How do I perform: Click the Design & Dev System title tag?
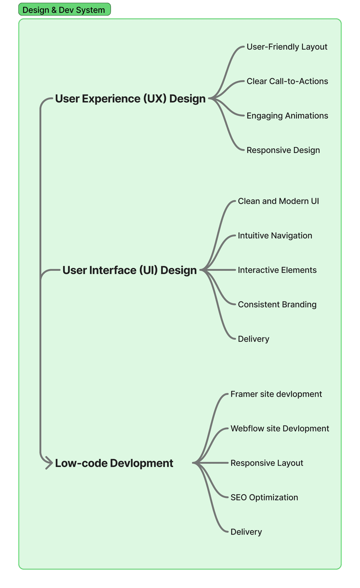(x=64, y=10)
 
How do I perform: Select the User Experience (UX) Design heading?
(x=130, y=98)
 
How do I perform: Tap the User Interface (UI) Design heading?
(x=129, y=270)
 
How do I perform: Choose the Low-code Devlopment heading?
(x=114, y=463)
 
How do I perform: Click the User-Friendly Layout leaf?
(x=287, y=47)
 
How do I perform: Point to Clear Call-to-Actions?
(x=287, y=81)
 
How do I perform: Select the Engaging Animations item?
(x=287, y=116)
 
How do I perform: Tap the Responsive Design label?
(x=283, y=150)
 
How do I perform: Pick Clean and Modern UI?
(x=278, y=201)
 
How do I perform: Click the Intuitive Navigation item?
(x=275, y=235)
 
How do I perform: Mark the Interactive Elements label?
(x=277, y=270)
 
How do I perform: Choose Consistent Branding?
(x=277, y=304)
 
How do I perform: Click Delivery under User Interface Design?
(x=253, y=339)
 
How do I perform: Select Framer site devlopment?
(x=276, y=394)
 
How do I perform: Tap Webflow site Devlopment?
(x=280, y=428)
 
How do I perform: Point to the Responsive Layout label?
(x=267, y=463)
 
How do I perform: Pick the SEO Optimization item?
(x=264, y=497)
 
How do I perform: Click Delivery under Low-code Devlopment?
(x=246, y=532)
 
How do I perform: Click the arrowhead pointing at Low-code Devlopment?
(x=49, y=463)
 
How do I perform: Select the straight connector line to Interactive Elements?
(x=220, y=270)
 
